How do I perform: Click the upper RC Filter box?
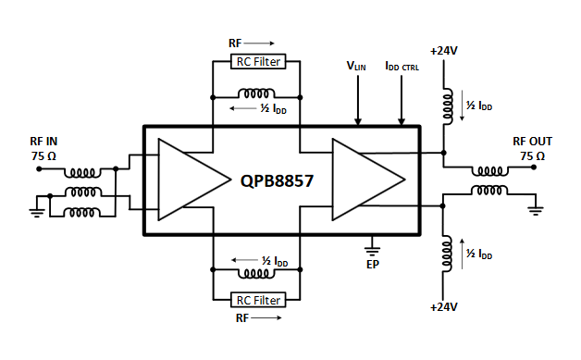click(257, 62)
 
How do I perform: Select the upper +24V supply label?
click(444, 50)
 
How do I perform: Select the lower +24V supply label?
click(444, 305)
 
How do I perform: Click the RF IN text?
click(43, 142)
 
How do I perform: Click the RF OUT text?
click(532, 142)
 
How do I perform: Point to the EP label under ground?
click(373, 263)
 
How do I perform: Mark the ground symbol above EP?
click(373, 247)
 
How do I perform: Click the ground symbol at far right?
click(534, 209)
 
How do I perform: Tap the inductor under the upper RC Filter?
click(257, 95)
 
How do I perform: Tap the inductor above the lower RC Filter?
click(257, 273)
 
